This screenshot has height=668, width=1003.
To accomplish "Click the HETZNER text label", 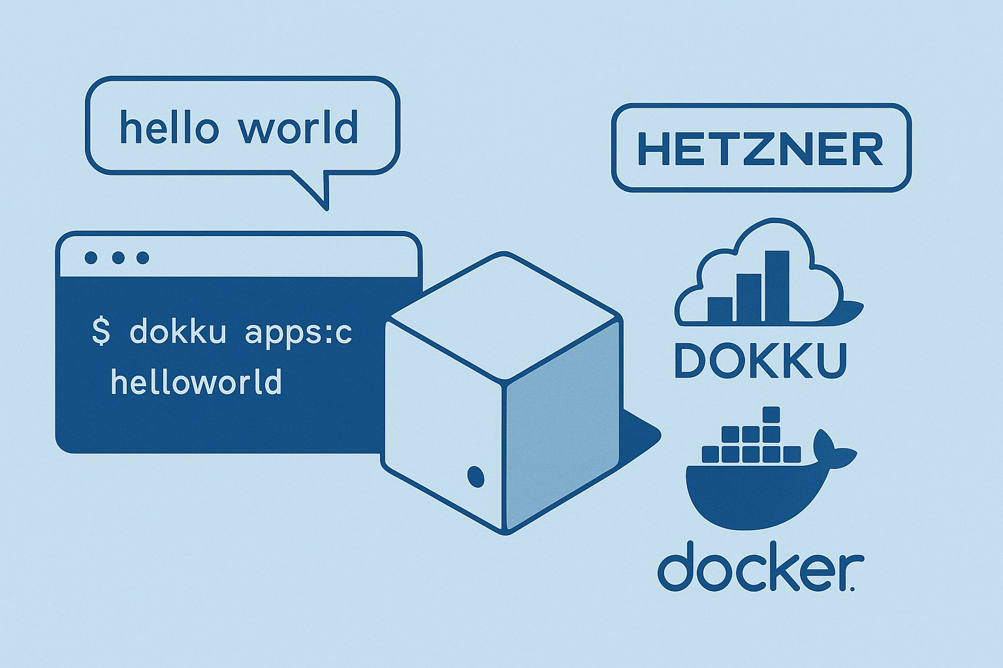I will click(760, 149).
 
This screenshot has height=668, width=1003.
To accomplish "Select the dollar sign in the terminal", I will click(101, 331).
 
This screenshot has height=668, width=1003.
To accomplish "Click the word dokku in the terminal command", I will click(178, 332).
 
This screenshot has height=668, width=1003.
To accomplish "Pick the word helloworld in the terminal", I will click(196, 382).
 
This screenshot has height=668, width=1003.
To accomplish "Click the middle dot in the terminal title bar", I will click(118, 258).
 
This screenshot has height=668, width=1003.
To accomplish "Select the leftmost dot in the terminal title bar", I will click(91, 258).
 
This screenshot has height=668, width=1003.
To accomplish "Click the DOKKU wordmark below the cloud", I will click(760, 361).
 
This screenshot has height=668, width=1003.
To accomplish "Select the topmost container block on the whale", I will click(771, 415).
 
